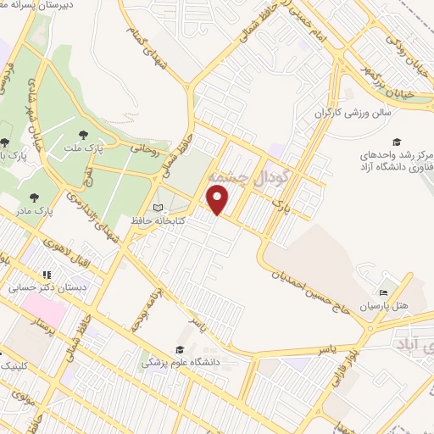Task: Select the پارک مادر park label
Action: pos(36,208)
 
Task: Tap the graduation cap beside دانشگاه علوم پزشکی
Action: pos(179,350)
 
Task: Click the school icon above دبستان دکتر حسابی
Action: pos(47,275)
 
